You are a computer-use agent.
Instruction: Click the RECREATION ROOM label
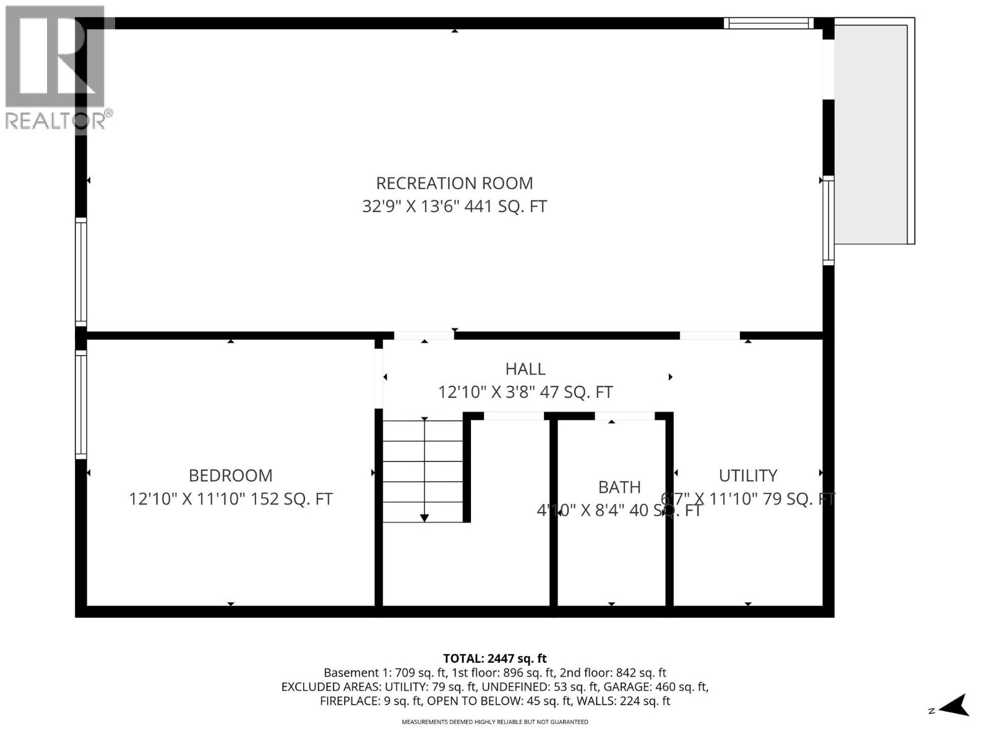[454, 183]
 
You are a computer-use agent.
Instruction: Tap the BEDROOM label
[230, 475]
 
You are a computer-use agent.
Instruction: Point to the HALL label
[525, 369]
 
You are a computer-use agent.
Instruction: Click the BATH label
[619, 487]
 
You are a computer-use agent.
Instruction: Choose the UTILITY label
[747, 475]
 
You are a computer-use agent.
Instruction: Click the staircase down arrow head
[424, 518]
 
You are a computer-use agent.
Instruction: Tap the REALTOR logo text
[56, 120]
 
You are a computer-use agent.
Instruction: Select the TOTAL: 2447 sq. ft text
[495, 659]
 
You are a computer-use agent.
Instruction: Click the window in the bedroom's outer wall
[81, 404]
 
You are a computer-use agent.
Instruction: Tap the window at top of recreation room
[770, 23]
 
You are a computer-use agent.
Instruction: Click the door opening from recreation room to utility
[710, 336]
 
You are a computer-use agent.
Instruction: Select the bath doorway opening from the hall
[624, 416]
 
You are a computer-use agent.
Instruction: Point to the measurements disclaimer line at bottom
[495, 722]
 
